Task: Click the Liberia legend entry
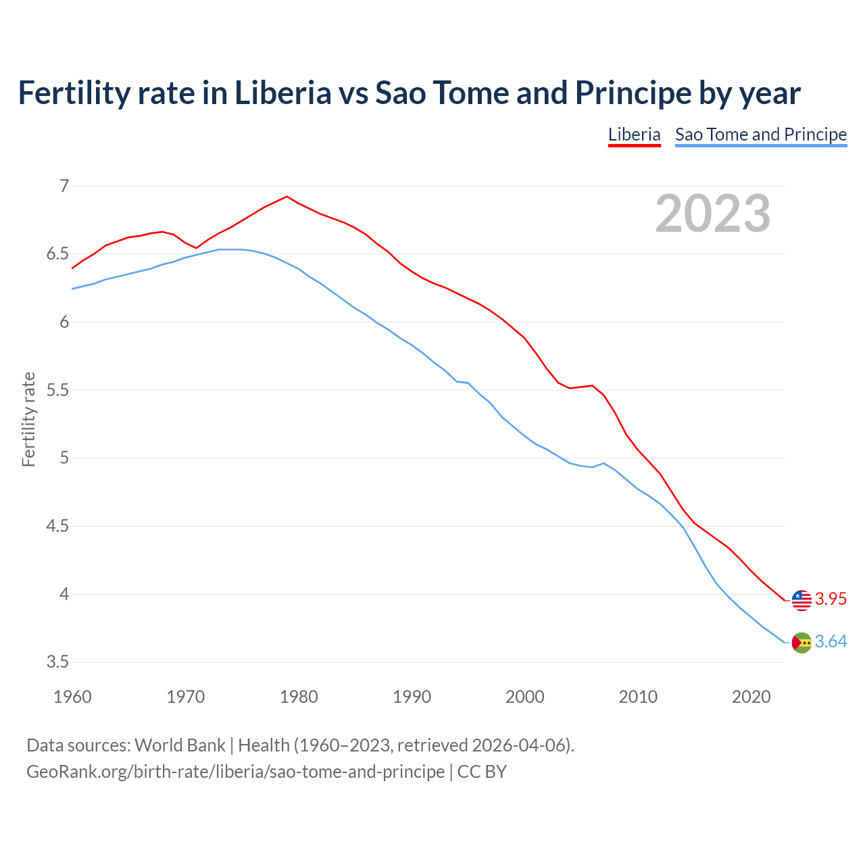coord(634,134)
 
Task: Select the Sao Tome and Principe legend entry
coord(761,134)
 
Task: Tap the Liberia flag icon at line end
coord(801,599)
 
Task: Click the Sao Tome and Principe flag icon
coord(801,643)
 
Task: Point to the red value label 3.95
coord(831,599)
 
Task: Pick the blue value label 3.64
coord(831,642)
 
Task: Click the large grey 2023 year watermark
coord(713,214)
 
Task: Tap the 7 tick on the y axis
coord(64,186)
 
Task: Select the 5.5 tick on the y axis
coord(57,391)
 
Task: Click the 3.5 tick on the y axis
coord(57,662)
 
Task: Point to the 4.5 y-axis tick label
coord(57,526)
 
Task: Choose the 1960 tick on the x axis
coord(72,697)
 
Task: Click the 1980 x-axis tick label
coord(299,697)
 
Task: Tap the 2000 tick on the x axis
coord(525,697)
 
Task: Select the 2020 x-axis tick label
coord(751,697)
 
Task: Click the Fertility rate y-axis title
coord(28,419)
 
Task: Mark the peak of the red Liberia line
coord(287,197)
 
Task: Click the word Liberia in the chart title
coord(282,93)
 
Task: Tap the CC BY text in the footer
coord(482,772)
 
